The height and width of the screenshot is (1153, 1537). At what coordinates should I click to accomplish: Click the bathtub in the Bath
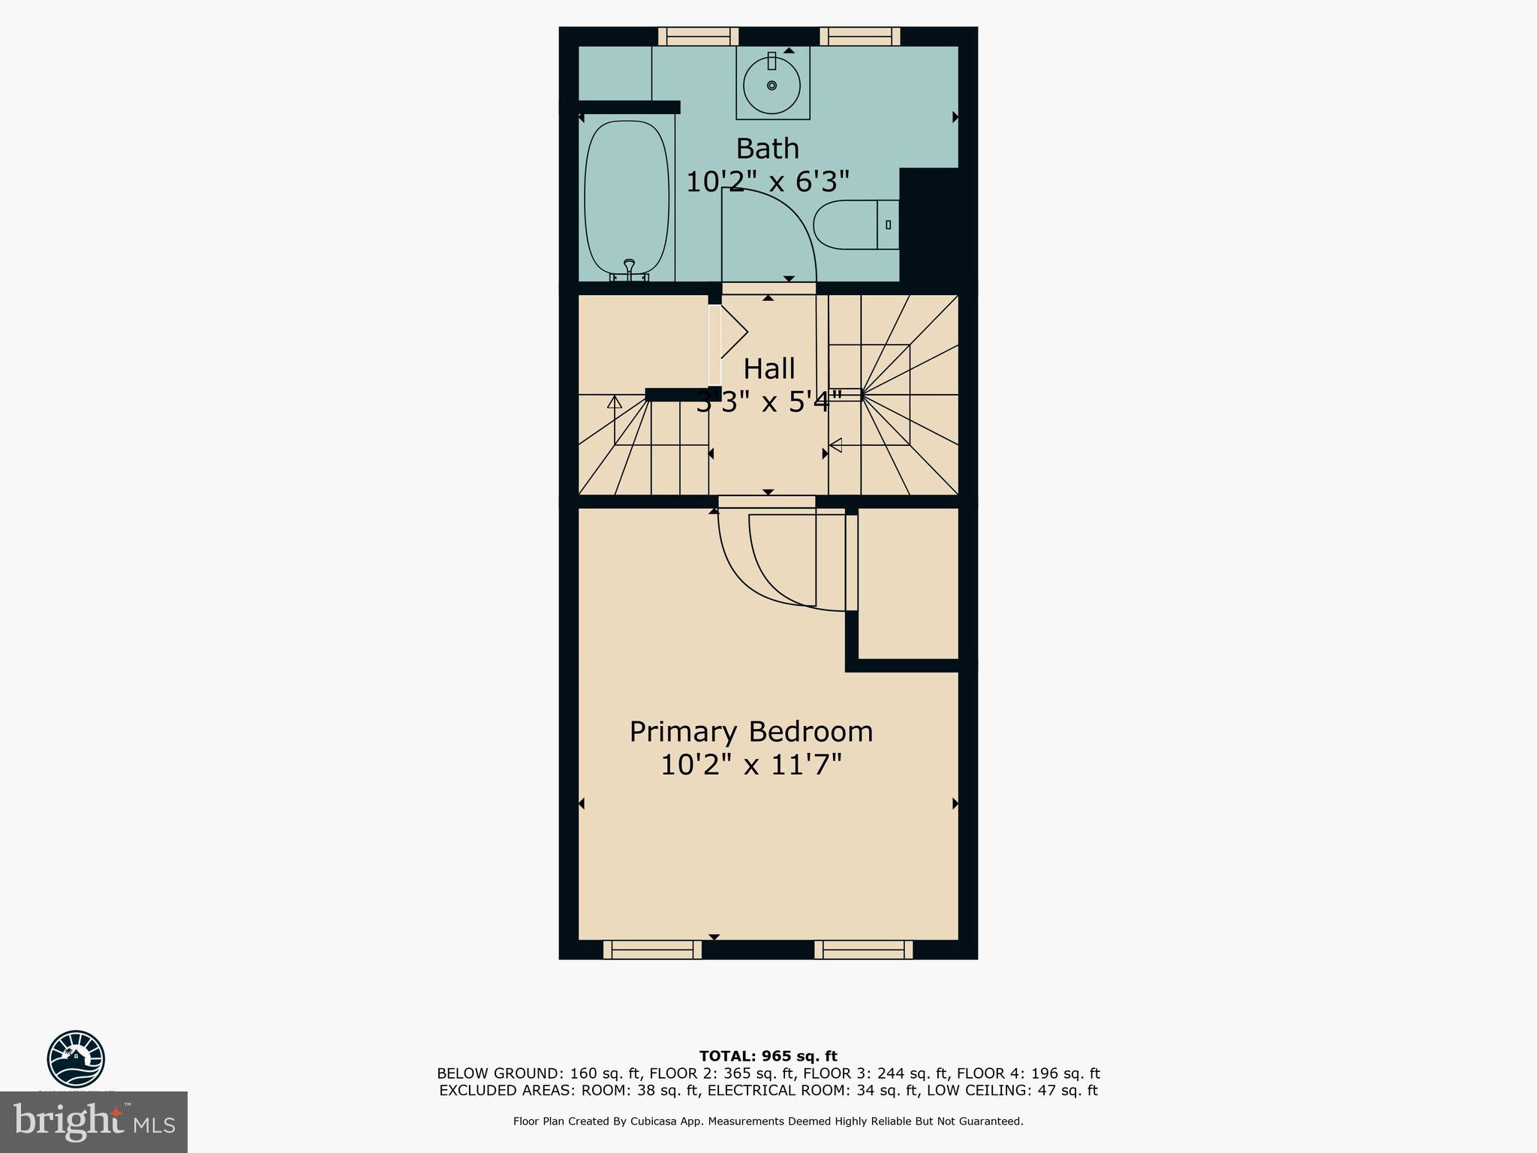tap(626, 199)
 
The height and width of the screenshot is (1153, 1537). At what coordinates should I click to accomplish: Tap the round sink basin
tap(772, 86)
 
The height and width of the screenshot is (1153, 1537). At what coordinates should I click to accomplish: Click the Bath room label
tap(767, 149)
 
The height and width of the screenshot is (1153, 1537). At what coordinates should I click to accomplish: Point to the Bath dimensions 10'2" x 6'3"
tap(767, 182)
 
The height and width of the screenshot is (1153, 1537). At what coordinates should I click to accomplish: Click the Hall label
tap(768, 369)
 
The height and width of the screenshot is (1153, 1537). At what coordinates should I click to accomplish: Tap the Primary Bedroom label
tap(750, 732)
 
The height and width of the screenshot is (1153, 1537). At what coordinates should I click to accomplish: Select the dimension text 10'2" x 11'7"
tap(750, 766)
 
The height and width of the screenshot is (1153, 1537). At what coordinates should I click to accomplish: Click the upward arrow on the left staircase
tap(615, 402)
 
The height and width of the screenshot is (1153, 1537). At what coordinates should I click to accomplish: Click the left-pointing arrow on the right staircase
tap(835, 445)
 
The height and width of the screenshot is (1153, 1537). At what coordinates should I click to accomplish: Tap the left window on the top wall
tap(698, 36)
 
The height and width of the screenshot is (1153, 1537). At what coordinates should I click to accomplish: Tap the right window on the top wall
tap(859, 36)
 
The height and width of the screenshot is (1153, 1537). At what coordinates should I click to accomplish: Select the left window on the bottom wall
tap(652, 950)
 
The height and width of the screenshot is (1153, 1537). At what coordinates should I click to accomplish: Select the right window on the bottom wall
tap(864, 950)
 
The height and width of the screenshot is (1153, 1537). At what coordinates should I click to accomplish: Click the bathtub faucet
tap(629, 266)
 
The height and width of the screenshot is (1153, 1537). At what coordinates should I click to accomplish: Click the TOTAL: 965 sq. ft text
tap(768, 1056)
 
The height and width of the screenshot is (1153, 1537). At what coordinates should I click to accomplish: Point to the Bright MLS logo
tap(94, 1122)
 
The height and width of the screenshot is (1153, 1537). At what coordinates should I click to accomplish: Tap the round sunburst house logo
tap(76, 1058)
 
